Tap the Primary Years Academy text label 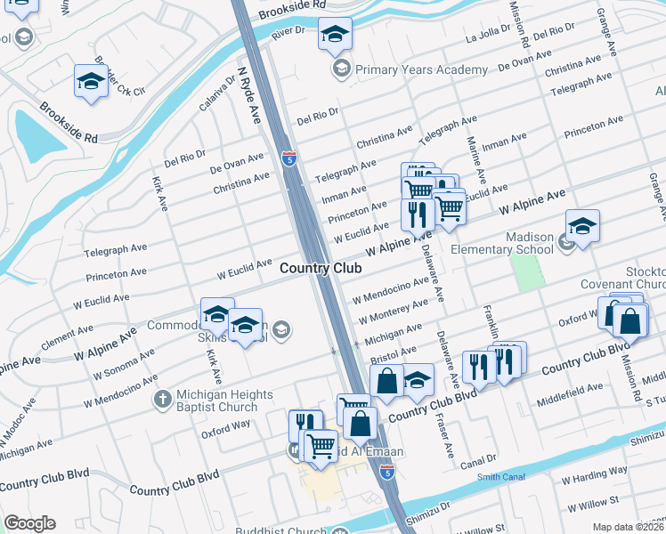[x=421, y=69]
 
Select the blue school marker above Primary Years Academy [x=335, y=36]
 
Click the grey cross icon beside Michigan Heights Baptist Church [x=162, y=399]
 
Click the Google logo [x=29, y=523]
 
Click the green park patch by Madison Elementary [x=527, y=271]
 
